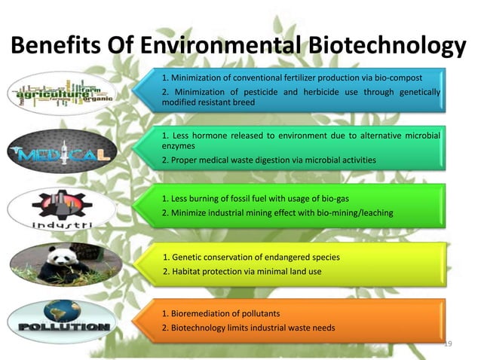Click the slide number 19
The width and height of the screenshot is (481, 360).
coord(448,344)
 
